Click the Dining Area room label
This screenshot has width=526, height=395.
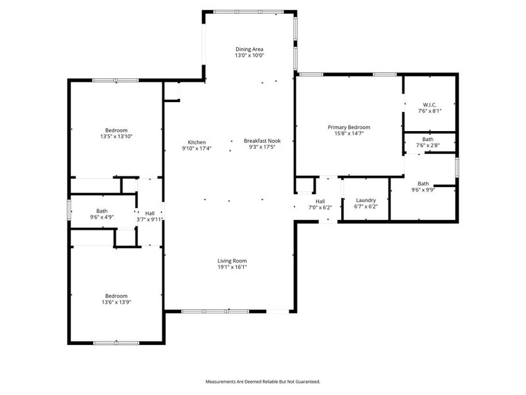pos(249,49)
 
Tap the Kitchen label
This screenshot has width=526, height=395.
pos(197,142)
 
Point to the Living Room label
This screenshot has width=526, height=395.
pos(232,261)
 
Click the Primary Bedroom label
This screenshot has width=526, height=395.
pos(348,127)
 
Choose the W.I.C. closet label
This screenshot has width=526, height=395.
pos(430,105)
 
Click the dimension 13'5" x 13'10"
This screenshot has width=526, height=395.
pos(116,136)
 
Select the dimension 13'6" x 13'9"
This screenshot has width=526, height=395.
pos(116,302)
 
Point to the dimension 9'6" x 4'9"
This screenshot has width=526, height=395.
pos(102,217)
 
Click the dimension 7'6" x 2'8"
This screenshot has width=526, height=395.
pos(428,145)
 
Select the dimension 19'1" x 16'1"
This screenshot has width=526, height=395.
pos(232,267)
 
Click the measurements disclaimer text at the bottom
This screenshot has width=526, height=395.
pos(262,382)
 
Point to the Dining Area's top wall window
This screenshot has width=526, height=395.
pos(249,11)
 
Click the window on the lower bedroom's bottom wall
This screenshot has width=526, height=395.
pos(116,342)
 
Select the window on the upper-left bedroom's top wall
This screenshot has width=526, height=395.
pos(115,80)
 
